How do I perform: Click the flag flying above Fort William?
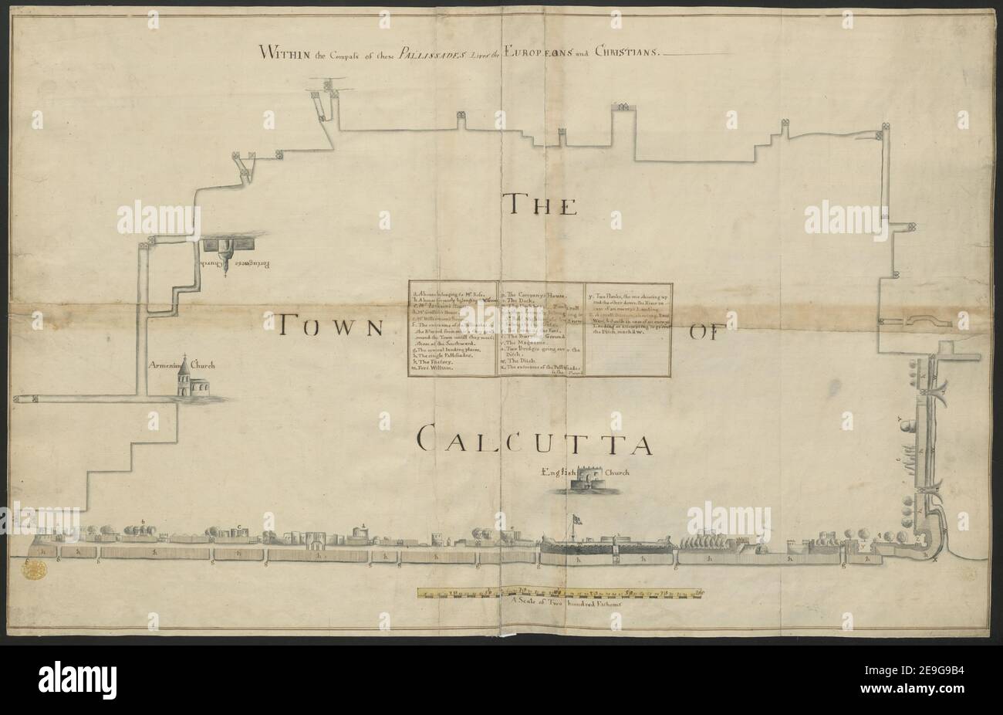tap(577, 519)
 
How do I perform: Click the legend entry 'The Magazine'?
tap(532, 344)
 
